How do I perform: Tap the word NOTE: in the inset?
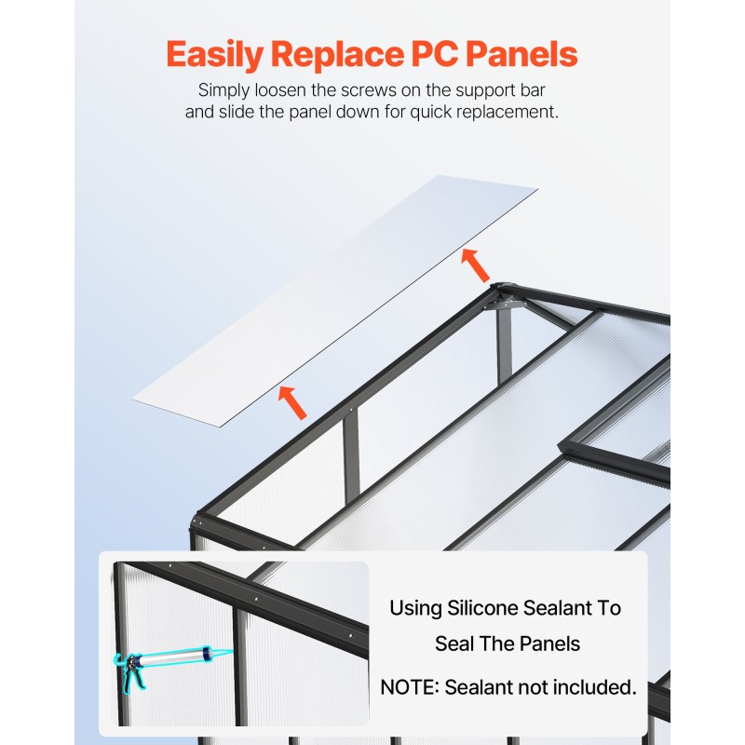(x=410, y=688)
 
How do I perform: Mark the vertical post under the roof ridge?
(x=504, y=345)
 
